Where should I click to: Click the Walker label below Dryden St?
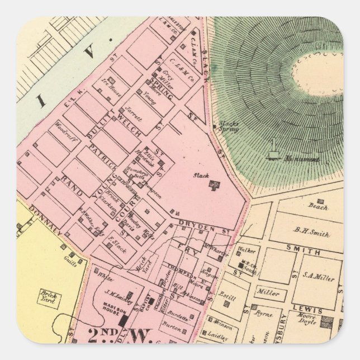click(x=247, y=251)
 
